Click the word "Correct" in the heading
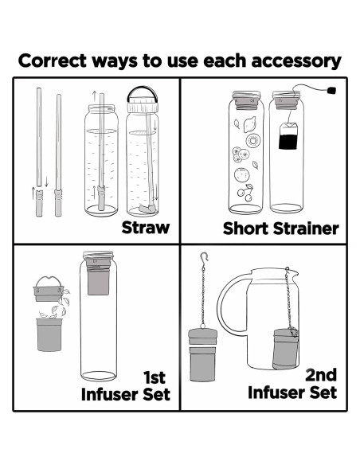tap(53, 61)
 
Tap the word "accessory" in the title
tap(296, 61)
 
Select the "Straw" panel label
tap(146, 228)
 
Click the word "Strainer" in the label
tap(306, 229)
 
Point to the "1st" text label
tap(155, 377)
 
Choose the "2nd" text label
tap(321, 375)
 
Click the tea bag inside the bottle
tap(288, 136)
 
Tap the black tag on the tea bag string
tap(331, 90)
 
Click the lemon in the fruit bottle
tap(249, 124)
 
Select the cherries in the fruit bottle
tap(246, 193)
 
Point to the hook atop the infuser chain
tap(204, 258)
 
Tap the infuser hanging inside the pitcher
tap(285, 348)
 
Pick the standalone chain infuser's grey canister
tap(202, 354)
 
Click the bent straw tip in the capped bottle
tap(147, 209)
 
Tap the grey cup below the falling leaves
tap(49, 334)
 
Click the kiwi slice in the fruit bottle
tap(253, 140)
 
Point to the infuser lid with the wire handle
tap(49, 289)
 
